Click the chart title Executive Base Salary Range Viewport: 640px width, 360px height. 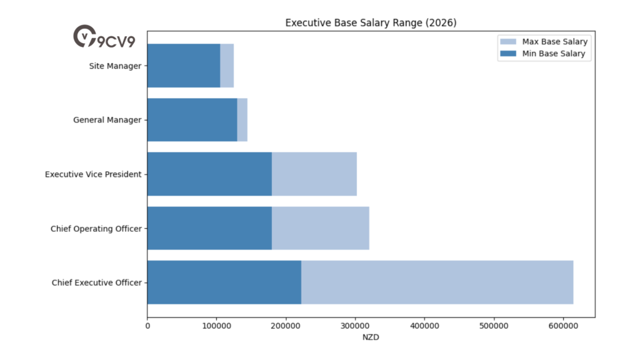(371, 23)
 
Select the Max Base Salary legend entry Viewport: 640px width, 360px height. (554, 42)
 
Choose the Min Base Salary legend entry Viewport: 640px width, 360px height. (553, 54)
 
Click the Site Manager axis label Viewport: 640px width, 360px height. (115, 66)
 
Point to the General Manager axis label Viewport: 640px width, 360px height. (107, 120)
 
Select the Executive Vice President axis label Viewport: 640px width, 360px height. (93, 174)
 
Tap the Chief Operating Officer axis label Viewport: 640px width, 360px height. (96, 229)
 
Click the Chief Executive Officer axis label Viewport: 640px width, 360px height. (96, 283)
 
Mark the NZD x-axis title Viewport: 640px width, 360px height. (371, 338)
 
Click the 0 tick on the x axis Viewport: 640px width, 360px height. (147, 326)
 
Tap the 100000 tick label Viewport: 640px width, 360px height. (216, 326)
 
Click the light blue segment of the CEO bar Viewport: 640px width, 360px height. (437, 282)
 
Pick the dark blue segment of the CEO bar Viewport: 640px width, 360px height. (224, 282)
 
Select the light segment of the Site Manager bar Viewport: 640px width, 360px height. (227, 66)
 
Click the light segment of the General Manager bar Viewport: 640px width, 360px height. (242, 120)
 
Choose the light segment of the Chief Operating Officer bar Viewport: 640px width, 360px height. (320, 228)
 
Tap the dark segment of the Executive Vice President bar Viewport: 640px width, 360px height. (209, 174)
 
